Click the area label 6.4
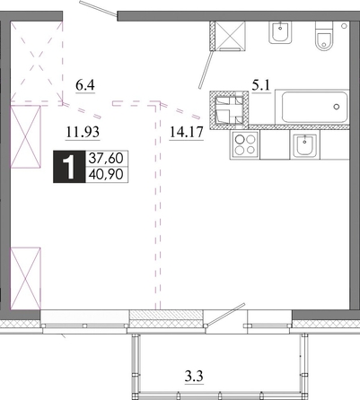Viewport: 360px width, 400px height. tap(85, 85)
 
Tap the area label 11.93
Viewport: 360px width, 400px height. tap(83, 132)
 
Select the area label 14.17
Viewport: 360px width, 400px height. tap(187, 132)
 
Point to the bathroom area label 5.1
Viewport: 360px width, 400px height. tap(261, 86)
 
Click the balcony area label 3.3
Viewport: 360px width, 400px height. tap(194, 376)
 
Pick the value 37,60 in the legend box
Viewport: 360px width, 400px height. tap(106, 158)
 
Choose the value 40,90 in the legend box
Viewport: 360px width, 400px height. tap(106, 174)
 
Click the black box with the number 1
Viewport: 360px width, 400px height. tap(69, 167)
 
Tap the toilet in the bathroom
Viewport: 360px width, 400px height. tap(324, 36)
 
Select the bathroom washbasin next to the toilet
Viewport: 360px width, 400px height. tap(280, 32)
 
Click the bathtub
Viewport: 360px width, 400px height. tap(312, 107)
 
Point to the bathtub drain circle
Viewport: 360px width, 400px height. tap(337, 107)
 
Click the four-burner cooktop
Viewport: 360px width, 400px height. tap(245, 144)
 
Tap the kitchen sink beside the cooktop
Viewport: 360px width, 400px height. tap(304, 145)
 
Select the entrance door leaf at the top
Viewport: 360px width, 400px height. tap(98, 8)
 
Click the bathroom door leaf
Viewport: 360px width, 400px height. tap(206, 70)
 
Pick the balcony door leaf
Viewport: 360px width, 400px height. tap(226, 314)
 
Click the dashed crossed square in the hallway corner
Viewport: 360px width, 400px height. tap(37, 62)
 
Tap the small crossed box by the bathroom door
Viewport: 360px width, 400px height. tap(231, 35)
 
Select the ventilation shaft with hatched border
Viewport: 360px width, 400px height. tap(229, 110)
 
